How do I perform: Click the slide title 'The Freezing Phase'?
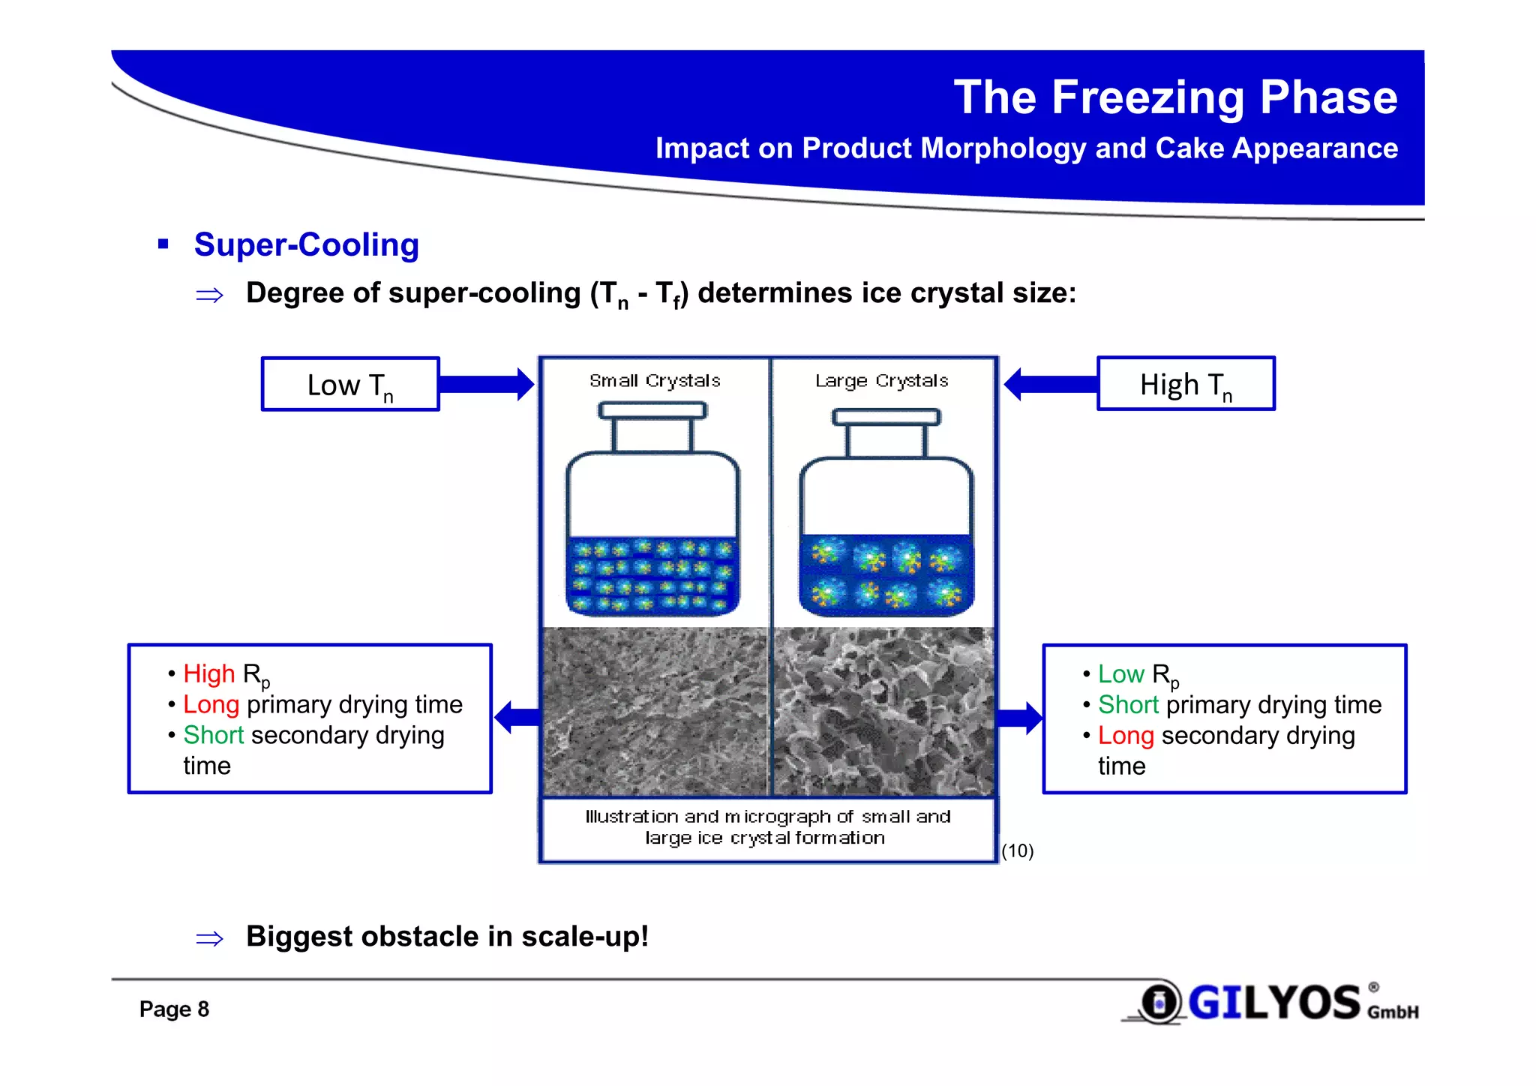coord(1174,97)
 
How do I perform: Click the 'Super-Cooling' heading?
coord(306,244)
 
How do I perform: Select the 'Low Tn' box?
coord(350,385)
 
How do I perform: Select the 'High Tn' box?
coord(1186,384)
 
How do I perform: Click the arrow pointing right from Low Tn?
coord(486,385)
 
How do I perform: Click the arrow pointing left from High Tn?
coord(1050,385)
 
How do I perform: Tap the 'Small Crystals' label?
coord(655,381)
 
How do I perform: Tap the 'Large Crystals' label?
coord(881,381)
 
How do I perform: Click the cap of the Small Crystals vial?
coord(652,410)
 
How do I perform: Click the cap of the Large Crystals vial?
coord(886,417)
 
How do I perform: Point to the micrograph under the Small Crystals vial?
coord(655,711)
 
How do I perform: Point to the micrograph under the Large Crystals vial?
coord(883,711)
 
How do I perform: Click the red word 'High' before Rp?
coord(209,673)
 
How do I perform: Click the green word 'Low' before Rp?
coord(1120,673)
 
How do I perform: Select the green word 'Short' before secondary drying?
coord(214,735)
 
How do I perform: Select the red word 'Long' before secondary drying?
coord(1125,735)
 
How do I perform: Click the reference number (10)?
coord(1017,850)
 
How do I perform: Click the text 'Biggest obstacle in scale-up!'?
coord(447,937)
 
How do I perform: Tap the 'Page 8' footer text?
coord(174,1009)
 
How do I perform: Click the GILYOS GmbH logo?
coord(1275,1003)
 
